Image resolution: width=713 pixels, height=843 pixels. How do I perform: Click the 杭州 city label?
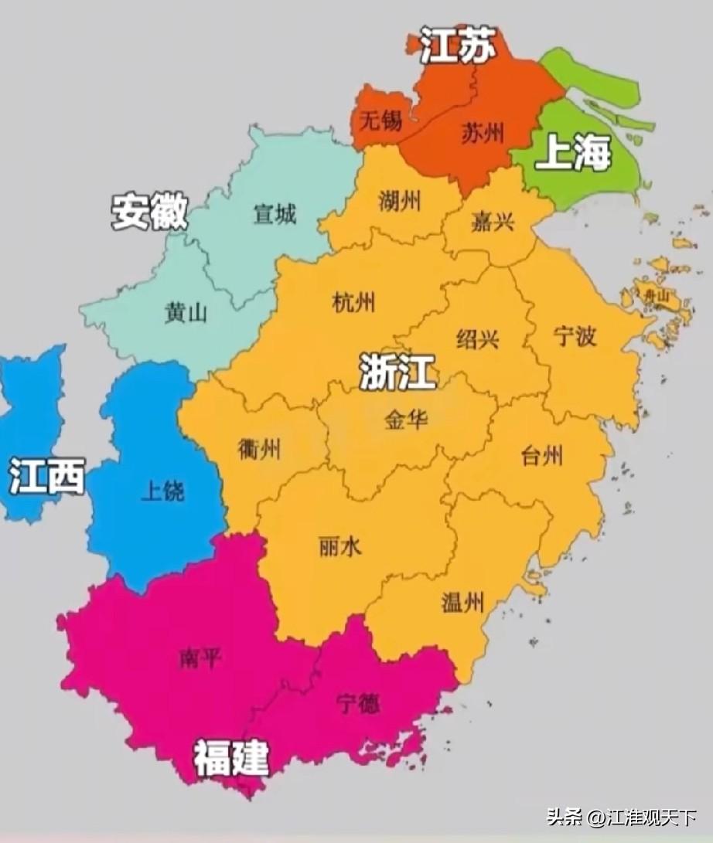(x=353, y=302)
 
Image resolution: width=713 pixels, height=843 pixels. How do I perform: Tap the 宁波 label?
(x=575, y=335)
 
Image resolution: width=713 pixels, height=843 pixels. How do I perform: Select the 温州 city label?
(x=463, y=601)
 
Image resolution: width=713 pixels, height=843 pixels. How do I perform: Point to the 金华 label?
(x=406, y=420)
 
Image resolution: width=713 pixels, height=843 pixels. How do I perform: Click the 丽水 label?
(x=339, y=547)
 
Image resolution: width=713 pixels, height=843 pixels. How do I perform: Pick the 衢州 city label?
(x=259, y=448)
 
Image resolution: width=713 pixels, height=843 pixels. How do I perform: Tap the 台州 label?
(x=542, y=456)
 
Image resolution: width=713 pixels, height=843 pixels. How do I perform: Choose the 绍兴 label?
(x=478, y=338)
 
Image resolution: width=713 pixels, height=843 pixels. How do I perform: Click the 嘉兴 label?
(x=493, y=223)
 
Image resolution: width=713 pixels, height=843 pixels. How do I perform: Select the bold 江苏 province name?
(x=457, y=47)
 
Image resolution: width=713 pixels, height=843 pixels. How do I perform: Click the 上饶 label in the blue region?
(x=162, y=491)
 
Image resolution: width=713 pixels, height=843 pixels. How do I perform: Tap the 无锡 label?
(x=381, y=120)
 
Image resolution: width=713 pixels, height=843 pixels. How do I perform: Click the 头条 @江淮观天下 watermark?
(x=622, y=817)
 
